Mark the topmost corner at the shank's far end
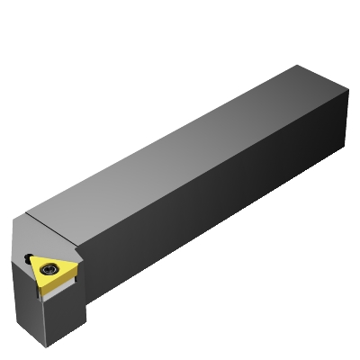click(297, 64)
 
